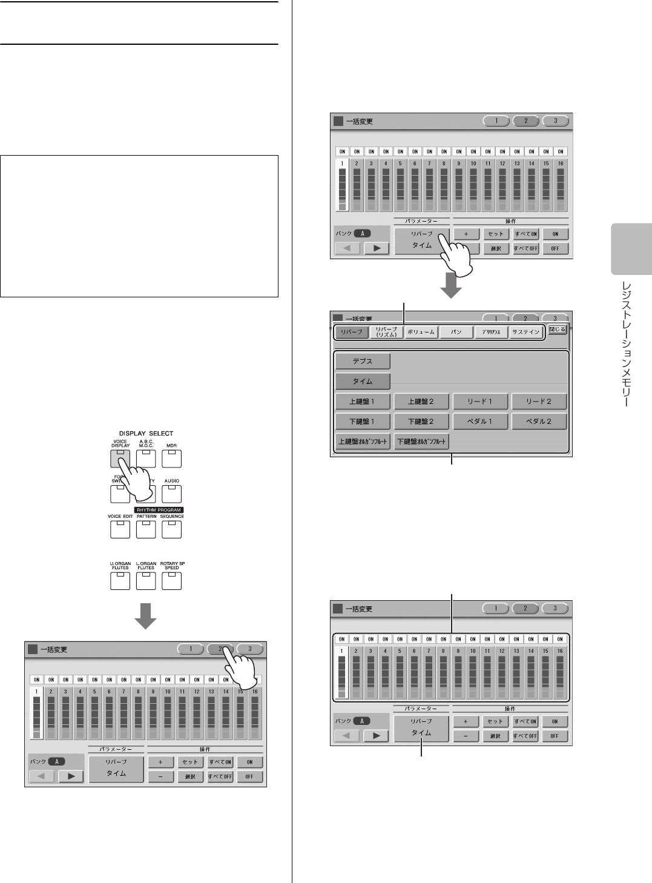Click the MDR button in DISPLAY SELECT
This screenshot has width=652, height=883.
click(172, 458)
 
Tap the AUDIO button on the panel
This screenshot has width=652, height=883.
click(172, 494)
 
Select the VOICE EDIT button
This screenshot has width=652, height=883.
click(120, 529)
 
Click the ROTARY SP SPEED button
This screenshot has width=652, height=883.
click(172, 581)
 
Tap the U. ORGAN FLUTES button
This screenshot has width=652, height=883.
click(120, 581)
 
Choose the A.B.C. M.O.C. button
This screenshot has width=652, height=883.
click(146, 458)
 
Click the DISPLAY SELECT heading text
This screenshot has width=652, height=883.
click(146, 434)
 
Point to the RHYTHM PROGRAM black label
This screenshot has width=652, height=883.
click(159, 510)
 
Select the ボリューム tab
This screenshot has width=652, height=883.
click(421, 332)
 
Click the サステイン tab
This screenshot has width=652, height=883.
click(525, 332)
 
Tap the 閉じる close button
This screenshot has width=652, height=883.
click(557, 330)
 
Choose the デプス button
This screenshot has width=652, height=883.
click(363, 362)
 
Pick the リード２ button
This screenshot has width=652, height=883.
click(538, 401)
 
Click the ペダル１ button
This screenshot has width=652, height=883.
click(480, 421)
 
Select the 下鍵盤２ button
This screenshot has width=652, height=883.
click(421, 421)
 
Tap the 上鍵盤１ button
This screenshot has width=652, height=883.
click(363, 401)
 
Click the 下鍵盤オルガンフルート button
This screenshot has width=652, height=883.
click(421, 441)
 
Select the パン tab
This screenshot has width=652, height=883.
click(456, 332)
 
